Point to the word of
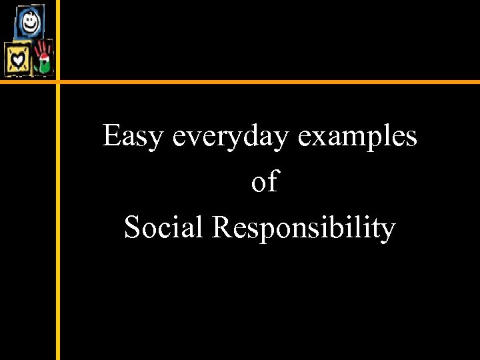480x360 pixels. click(x=264, y=181)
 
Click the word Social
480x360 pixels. click(x=163, y=227)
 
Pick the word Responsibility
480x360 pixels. click(x=304, y=229)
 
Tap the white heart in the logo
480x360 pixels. click(x=17, y=61)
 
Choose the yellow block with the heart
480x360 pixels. click(x=18, y=61)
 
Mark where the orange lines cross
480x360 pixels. click(x=58, y=82)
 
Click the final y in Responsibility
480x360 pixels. click(x=388, y=231)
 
